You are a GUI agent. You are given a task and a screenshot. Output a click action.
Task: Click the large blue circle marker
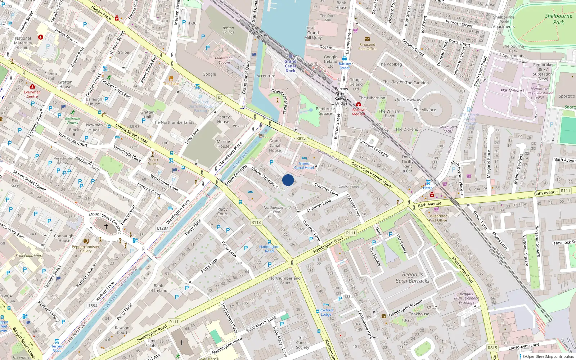pos(288,180)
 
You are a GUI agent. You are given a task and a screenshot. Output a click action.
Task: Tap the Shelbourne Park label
pos(558,19)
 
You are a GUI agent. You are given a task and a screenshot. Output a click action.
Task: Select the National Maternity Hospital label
pos(23,43)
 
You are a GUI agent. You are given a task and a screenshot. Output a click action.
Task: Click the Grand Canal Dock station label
pos(291,66)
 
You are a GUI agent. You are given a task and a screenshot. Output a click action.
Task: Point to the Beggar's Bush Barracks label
pos(412,278)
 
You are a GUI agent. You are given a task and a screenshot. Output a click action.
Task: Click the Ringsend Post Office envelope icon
pos(367,39)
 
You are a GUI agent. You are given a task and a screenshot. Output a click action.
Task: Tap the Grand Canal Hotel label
pos(304,166)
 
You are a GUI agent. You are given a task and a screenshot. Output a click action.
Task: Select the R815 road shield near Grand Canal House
pos(301,138)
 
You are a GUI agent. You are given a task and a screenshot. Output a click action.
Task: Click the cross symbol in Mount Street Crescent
pos(106,226)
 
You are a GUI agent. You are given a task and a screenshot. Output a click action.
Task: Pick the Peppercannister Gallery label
pos(86,249)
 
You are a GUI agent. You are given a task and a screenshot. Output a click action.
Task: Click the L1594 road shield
pos(92,306)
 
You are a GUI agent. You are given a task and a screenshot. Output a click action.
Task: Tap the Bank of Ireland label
pos(158,288)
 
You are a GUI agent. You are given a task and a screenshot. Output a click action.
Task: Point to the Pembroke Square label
pos(325,111)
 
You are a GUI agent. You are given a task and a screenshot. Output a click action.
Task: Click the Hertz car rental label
pos(428,188)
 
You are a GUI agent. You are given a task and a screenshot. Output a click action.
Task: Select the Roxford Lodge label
pos(326,312)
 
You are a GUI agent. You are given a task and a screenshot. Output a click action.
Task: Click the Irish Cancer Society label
pos(302,343)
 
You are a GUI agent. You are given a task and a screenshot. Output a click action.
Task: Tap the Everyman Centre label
pos(32,94)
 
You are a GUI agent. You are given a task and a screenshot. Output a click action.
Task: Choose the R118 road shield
pos(256,222)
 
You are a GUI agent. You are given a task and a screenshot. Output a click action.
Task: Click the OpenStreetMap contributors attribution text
pos(548,356)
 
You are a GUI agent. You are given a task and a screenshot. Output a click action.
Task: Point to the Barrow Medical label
pos(358,112)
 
